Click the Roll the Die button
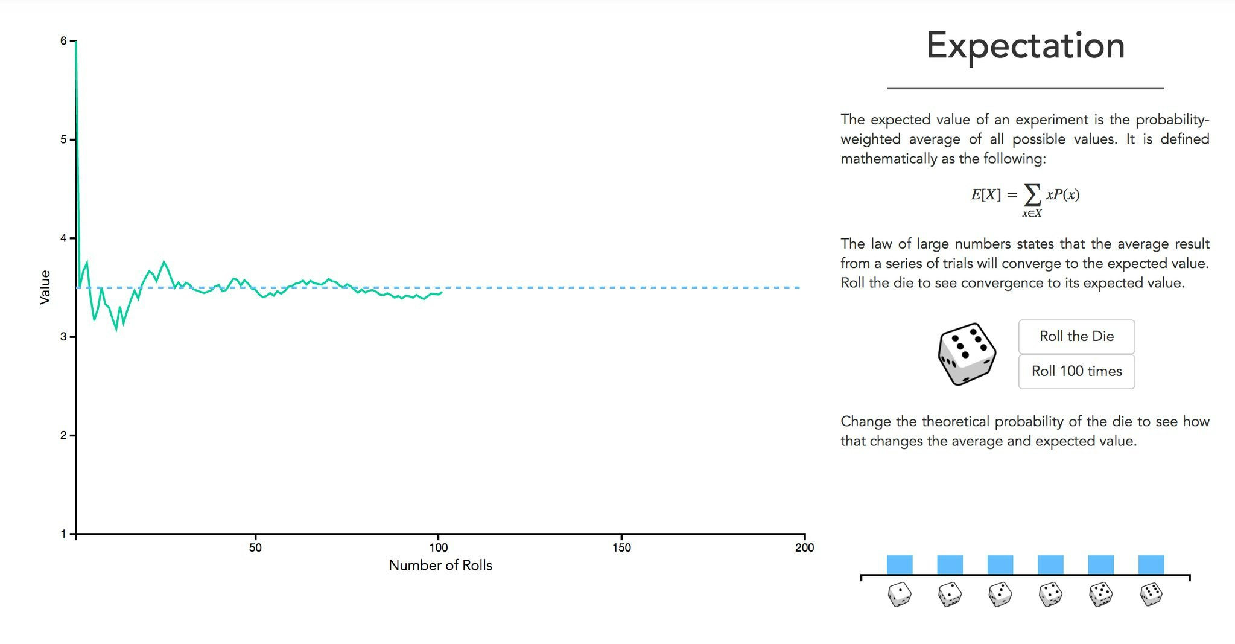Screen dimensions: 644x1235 pos(1076,336)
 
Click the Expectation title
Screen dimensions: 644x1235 pos(1025,46)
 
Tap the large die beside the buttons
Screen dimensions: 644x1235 pos(967,354)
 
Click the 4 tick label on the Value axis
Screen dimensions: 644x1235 pos(63,238)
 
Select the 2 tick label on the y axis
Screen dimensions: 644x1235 pos(63,435)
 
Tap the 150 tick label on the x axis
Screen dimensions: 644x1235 pos(621,547)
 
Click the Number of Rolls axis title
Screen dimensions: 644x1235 pos(440,566)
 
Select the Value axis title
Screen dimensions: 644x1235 pos(45,287)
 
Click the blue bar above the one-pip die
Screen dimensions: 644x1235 pos(900,565)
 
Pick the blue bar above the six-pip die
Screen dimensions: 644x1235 pos(1151,565)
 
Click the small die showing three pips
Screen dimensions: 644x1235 pos(1000,595)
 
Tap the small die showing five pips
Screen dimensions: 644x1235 pos(1100,595)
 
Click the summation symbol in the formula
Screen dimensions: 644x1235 pos(1032,194)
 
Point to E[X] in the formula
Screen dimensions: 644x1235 pos(985,194)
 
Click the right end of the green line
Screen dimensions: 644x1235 pos(442,293)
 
